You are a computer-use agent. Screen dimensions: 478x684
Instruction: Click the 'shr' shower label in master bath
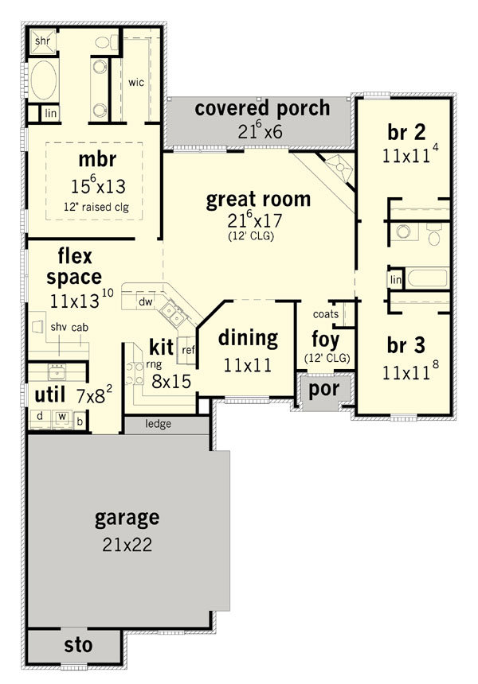(x=42, y=41)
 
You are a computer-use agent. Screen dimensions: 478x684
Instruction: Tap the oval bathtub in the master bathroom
(x=43, y=80)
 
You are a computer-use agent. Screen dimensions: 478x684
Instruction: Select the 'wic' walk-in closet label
(x=136, y=82)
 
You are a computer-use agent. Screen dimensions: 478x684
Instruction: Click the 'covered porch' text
(x=262, y=108)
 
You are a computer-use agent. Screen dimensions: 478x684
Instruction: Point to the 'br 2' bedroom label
(x=406, y=132)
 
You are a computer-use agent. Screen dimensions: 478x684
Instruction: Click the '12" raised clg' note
(x=96, y=207)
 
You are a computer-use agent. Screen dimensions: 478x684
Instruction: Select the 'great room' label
(x=258, y=200)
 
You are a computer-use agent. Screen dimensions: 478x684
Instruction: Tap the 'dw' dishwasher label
(x=146, y=301)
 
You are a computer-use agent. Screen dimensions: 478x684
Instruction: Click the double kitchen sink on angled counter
(x=174, y=314)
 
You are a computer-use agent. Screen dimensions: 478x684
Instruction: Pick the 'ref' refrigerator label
(x=188, y=350)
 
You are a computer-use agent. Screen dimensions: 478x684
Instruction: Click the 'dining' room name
(x=248, y=339)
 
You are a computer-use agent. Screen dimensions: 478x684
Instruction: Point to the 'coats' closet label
(x=326, y=314)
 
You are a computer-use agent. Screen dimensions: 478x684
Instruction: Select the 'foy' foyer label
(x=326, y=340)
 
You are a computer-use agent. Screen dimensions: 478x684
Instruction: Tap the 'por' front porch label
(x=323, y=389)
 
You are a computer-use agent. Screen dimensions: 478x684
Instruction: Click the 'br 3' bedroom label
(x=406, y=345)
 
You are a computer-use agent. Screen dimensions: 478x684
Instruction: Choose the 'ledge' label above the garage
(x=159, y=424)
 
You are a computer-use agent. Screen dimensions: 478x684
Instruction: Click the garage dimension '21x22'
(x=127, y=544)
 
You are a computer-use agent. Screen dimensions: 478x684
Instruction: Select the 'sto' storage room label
(x=78, y=645)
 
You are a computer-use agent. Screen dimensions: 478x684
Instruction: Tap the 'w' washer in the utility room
(x=62, y=417)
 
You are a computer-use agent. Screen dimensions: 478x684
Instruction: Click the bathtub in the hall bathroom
(x=427, y=278)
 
